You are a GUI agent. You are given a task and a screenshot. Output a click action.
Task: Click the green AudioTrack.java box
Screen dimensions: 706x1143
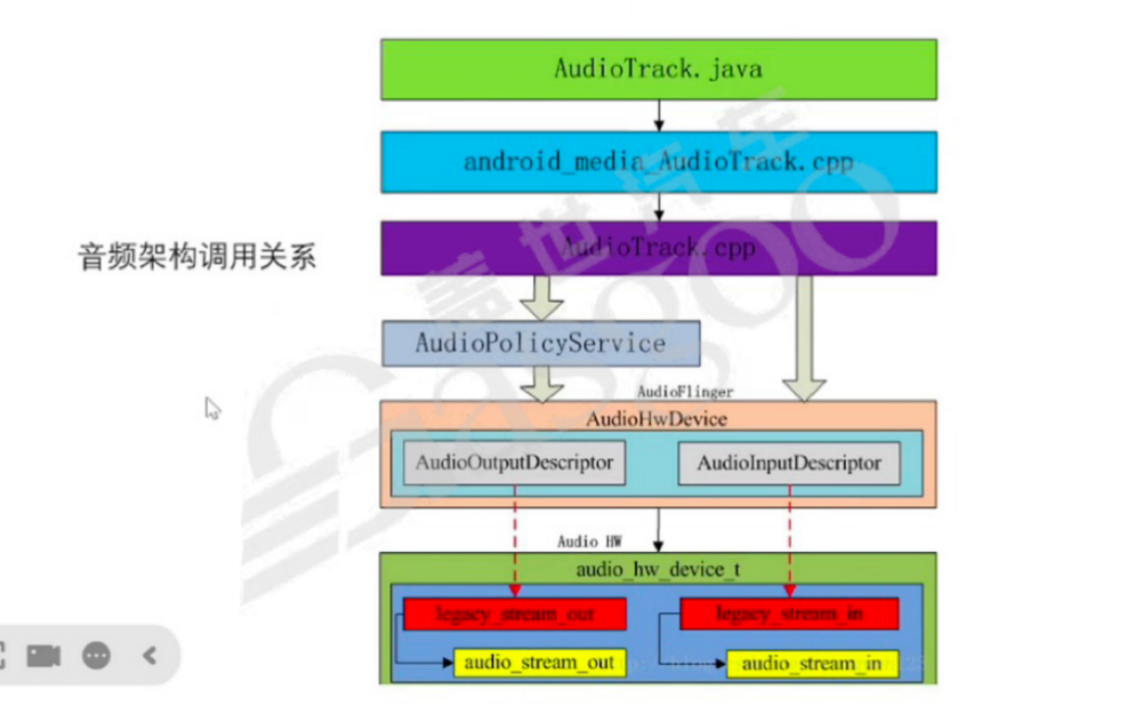(658, 69)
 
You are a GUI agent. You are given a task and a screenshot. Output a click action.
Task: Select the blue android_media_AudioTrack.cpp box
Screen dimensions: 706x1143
(658, 162)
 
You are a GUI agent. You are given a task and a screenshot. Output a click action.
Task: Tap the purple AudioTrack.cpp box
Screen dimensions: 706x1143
(658, 248)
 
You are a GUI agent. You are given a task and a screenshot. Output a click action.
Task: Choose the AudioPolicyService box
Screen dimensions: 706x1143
(540, 343)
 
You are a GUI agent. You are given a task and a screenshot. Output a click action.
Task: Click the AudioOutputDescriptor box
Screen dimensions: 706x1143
(515, 463)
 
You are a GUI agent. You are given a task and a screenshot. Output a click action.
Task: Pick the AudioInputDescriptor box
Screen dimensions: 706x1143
(789, 463)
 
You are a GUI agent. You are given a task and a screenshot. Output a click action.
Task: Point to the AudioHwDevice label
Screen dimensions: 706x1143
(657, 420)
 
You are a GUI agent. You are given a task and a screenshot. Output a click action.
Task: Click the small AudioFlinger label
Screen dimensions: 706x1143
(685, 392)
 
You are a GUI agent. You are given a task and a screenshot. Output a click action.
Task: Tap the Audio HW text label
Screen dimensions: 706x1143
(589, 541)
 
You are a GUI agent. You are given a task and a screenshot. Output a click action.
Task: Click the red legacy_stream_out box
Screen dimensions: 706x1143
(515, 615)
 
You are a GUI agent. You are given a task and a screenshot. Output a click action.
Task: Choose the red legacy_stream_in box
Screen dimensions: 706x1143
(789, 615)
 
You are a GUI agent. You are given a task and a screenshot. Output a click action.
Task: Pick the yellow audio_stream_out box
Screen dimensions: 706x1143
(538, 663)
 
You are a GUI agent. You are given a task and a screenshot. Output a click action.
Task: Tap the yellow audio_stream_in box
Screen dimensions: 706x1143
(812, 664)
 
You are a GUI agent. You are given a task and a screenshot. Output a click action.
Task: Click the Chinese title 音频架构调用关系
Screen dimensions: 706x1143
(197, 257)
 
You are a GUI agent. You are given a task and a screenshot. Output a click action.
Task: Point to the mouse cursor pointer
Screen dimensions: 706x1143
(212, 408)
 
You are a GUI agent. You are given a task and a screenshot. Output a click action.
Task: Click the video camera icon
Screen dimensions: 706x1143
(43, 655)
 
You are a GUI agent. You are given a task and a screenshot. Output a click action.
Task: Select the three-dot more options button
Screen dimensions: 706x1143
(96, 655)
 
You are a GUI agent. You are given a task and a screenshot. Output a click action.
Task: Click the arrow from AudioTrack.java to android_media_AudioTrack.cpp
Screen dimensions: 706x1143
(659, 115)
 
